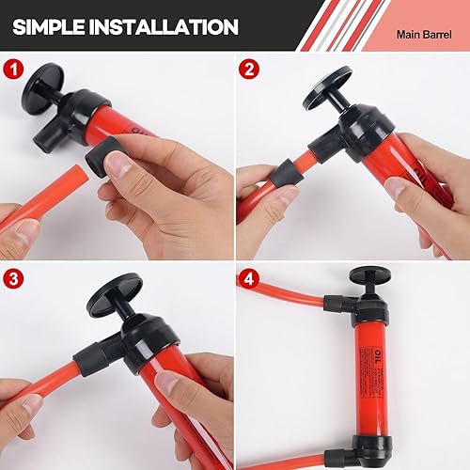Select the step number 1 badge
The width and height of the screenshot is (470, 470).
click(13, 70)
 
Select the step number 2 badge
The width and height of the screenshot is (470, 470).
click(249, 70)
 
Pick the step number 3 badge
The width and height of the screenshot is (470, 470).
click(13, 278)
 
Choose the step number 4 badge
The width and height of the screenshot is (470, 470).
click(249, 278)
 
